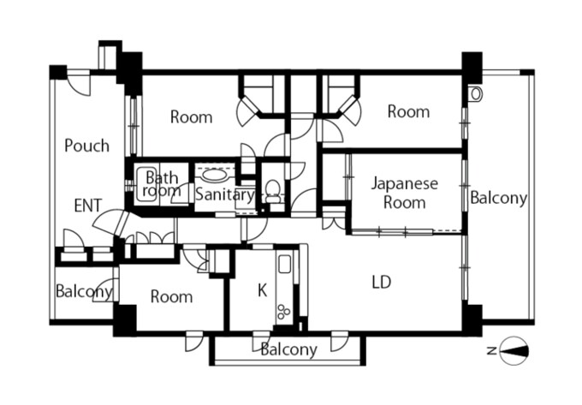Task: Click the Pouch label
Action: point(86,146)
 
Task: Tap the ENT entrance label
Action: point(88,205)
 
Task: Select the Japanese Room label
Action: point(404,193)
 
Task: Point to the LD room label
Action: point(382,282)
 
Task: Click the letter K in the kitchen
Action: point(263,290)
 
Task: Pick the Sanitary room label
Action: point(225,194)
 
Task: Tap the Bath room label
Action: point(162,184)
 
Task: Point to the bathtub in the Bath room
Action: point(146,184)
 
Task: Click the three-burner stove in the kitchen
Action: point(284,311)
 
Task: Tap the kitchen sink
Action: point(285,265)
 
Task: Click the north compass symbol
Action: point(514,351)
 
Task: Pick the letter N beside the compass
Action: point(492,350)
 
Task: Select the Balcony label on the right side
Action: point(498,198)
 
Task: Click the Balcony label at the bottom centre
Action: point(288,349)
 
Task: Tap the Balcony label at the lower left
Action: point(84,291)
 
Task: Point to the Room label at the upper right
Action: point(408,111)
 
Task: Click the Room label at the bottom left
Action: point(171,296)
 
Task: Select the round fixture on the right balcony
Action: point(475,94)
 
